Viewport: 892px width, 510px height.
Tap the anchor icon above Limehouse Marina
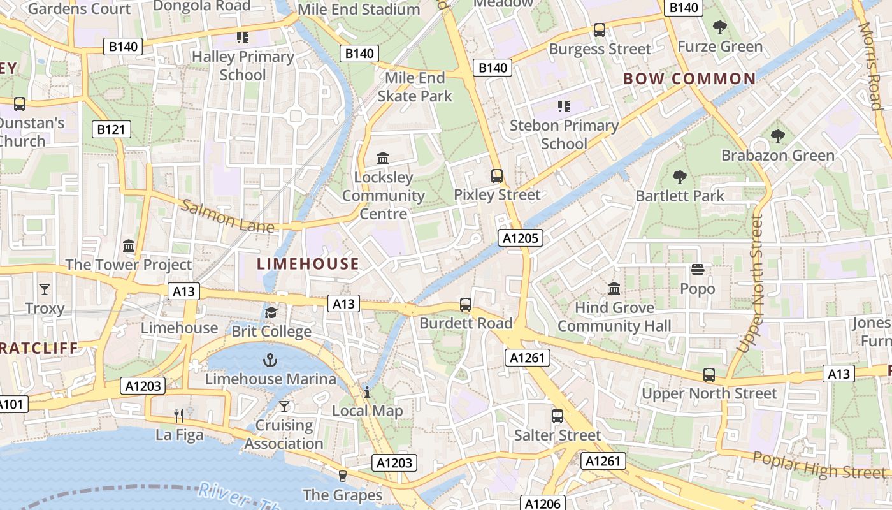[270, 360]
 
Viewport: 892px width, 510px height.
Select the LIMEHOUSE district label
[308, 264]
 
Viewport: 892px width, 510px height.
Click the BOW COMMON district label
[689, 79]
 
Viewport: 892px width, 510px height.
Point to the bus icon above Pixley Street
[496, 176]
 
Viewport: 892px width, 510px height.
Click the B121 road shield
[111, 129]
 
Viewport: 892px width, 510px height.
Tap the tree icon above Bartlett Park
[680, 177]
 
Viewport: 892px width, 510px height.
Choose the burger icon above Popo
[698, 270]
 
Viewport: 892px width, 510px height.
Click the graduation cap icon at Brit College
[271, 312]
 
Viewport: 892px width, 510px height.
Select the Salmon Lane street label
[227, 217]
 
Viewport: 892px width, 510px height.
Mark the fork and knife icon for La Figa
[180, 416]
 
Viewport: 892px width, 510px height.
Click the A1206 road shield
[543, 504]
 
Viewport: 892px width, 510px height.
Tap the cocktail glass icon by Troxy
[44, 289]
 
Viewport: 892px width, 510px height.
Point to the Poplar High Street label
[819, 465]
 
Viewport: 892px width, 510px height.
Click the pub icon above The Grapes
[342, 476]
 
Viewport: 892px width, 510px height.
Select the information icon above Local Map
[367, 391]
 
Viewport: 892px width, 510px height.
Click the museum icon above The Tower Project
[129, 245]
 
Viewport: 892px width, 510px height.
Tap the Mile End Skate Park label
[415, 87]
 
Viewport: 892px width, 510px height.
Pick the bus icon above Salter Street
[557, 416]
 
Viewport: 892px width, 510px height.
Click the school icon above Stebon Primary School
[563, 106]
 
